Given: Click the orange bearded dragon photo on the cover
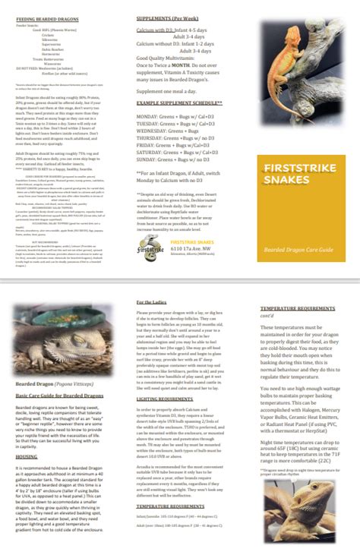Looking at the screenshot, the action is pyautogui.click(x=298, y=68).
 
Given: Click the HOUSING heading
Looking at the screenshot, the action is pyautogui.click(x=27, y=457).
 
